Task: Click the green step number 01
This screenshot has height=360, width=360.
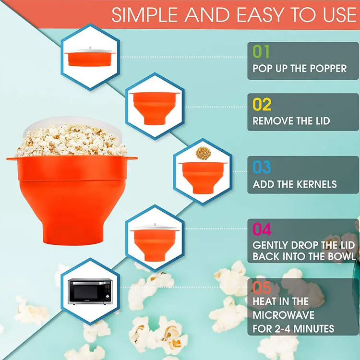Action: [x=262, y=52]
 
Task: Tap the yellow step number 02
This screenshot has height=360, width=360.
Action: [x=262, y=105]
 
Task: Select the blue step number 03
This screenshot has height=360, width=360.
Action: [x=262, y=168]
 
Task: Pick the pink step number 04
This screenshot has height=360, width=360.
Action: [x=262, y=229]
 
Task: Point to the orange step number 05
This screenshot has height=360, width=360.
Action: [x=262, y=288]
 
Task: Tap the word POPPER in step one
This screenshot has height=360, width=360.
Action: [x=327, y=69]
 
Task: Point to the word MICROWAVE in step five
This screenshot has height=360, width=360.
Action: [x=284, y=315]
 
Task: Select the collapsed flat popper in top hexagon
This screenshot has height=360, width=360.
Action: [x=89, y=57]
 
